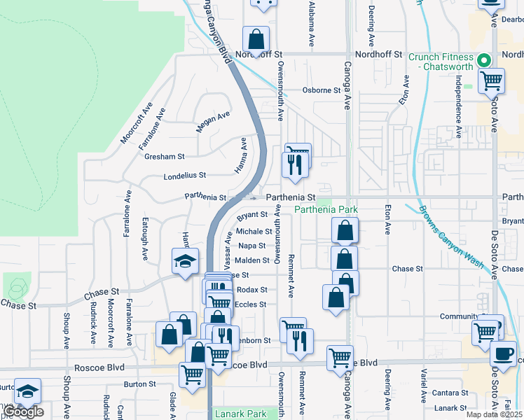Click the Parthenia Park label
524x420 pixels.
pos(326,210)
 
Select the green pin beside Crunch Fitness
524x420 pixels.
pos(483,60)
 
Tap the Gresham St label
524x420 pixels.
pos(164,157)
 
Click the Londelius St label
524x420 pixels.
pos(184,176)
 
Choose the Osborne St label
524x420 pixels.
pos(321,90)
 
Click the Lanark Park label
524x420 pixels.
pos(241,414)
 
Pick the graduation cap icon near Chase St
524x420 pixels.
pos(184,262)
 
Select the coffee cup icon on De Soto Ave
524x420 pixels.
pos(503,352)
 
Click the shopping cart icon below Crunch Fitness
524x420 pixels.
pos(491,80)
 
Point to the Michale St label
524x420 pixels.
pos(254,231)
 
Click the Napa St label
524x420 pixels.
pos(252,246)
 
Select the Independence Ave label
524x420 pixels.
pos(459,111)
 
